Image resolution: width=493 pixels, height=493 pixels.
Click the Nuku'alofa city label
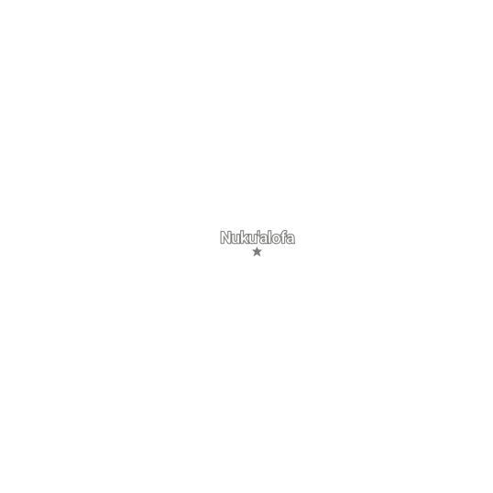pos(257,237)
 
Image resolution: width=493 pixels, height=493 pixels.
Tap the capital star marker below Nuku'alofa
pos(257,252)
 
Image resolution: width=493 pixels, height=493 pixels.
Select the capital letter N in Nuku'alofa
pos(225,237)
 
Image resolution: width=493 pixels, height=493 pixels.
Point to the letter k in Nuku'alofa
pos(246,237)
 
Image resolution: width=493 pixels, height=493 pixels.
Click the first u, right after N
pos(236,239)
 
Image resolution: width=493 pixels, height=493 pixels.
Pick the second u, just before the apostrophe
pos(254,239)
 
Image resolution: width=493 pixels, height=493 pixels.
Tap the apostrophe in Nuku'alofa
pos(258,233)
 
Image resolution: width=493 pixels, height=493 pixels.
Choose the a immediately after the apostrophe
pos(264,239)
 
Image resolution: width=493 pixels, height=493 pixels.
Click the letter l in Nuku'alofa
pos(270,237)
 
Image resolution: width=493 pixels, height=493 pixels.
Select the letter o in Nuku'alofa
pos(277,239)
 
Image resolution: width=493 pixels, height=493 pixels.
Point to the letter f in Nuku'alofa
pos(284,237)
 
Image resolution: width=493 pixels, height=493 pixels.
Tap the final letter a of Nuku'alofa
pos(291,239)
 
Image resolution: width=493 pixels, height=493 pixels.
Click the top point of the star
pos(257,247)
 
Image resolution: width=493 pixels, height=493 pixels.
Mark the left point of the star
pos(253,250)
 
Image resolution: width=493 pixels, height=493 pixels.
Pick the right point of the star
pos(261,250)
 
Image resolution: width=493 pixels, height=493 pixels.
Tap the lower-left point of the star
pos(254,257)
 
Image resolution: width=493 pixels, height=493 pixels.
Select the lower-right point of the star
pos(260,257)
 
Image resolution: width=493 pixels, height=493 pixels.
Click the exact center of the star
pos(257,252)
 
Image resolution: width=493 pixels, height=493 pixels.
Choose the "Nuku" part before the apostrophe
pos(238,237)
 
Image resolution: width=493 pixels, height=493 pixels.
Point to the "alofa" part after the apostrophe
pos(278,237)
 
